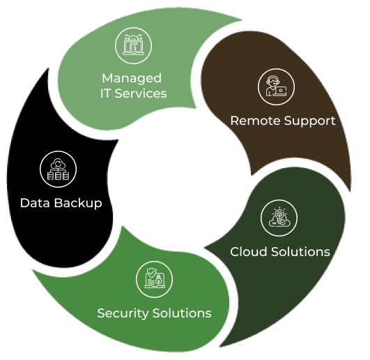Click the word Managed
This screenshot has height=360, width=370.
coord(132,79)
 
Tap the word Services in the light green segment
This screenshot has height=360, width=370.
coord(141,93)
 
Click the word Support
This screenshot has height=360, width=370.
coord(309,121)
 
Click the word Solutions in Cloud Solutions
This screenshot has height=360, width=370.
coord(300,252)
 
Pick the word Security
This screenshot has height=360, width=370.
coord(123,314)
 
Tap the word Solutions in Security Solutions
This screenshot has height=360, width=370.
coord(182,313)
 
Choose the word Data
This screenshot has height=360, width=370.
coord(35,203)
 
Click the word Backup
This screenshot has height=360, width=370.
coord(78,204)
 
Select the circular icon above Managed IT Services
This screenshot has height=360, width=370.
coord(134,45)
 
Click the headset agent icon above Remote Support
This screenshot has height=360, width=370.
coord(276,87)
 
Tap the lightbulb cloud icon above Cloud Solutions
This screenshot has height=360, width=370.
coord(279,218)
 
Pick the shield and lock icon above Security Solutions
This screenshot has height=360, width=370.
coord(154,279)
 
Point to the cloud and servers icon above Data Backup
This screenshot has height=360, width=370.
coord(58,169)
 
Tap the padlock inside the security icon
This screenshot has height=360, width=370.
coord(159,280)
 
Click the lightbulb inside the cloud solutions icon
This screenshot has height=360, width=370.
coord(279,216)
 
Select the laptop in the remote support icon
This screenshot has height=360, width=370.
coord(280,91)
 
